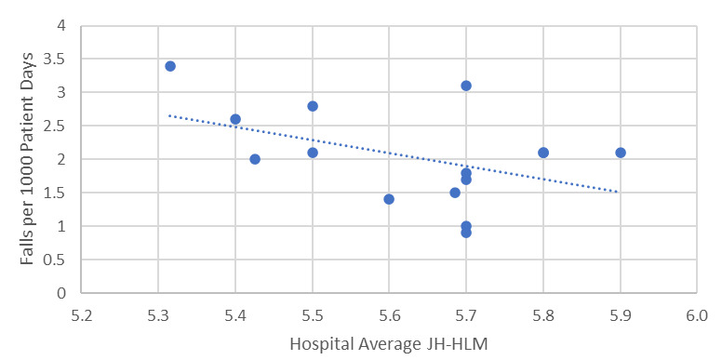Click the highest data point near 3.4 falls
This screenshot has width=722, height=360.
[x=170, y=66]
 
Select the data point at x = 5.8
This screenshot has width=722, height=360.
[x=543, y=153]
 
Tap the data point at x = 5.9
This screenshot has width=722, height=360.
[x=621, y=153]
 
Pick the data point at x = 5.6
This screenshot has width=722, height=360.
[x=389, y=199]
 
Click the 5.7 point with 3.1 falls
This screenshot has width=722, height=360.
[x=466, y=86]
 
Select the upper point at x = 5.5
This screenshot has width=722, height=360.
[x=313, y=106]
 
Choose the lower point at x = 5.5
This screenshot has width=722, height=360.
[x=313, y=153]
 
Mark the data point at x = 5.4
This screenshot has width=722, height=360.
[x=235, y=119]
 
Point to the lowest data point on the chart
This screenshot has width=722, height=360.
[x=466, y=233]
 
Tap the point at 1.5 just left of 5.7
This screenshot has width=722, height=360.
[x=455, y=193]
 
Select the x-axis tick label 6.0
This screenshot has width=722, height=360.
[x=697, y=315]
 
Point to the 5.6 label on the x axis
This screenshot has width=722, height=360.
[x=390, y=315]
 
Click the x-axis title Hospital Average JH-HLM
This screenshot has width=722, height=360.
[x=389, y=343]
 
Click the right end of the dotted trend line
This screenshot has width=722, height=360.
[x=618, y=192]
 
